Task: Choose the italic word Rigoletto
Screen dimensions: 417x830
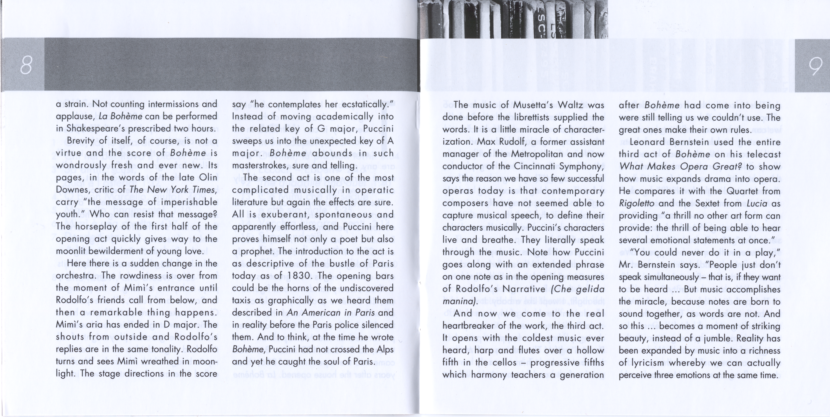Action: (636, 203)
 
